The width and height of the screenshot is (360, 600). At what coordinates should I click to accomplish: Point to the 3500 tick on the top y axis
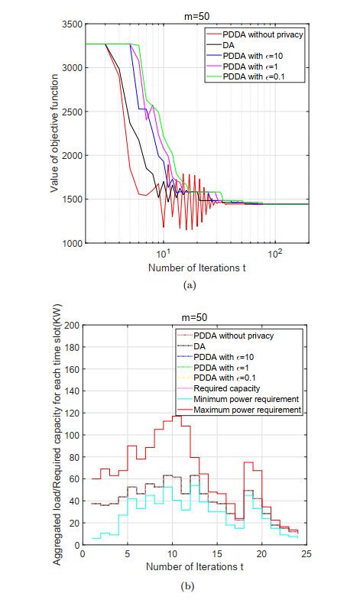(x=71, y=24)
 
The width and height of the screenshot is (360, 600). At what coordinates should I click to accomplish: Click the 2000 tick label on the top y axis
(x=71, y=156)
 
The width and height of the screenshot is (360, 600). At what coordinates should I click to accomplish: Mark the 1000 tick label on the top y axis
(x=71, y=244)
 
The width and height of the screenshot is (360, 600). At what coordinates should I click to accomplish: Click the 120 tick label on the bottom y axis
(x=73, y=414)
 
